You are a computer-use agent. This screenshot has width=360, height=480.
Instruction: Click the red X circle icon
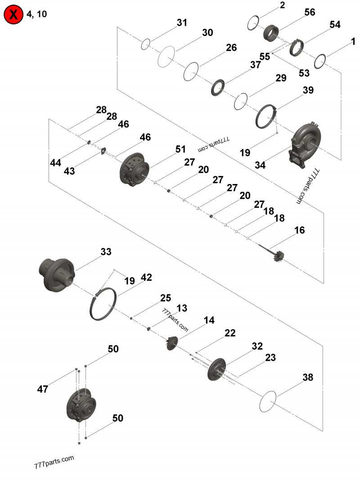tap(13, 14)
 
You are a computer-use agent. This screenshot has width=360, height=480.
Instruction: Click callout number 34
tap(260, 165)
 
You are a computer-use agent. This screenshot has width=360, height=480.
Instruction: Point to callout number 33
tap(106, 252)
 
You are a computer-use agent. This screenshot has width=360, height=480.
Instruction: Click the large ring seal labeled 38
tap(268, 400)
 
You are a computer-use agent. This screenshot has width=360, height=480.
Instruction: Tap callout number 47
tap(43, 390)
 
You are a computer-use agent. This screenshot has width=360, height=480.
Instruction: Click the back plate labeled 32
tap(217, 369)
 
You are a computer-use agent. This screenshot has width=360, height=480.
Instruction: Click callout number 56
tap(310, 13)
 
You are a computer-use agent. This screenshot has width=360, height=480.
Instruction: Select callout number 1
tap(354, 41)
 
